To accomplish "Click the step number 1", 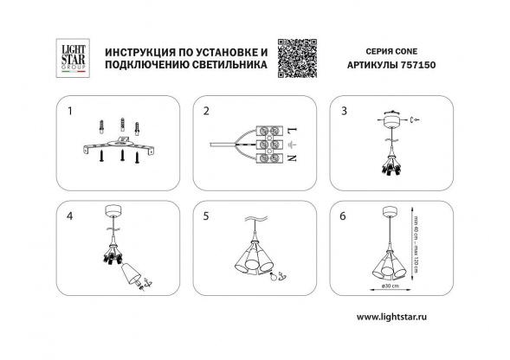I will click(69, 112).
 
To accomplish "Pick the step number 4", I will click(69, 215).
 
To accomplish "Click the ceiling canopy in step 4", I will click(112, 210).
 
